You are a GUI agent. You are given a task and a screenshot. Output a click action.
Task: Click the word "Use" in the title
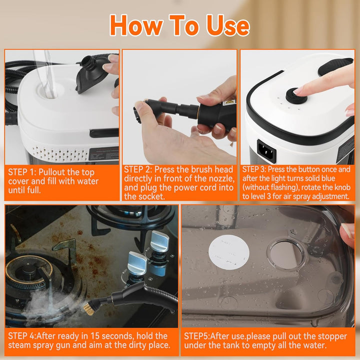(x=228, y=25)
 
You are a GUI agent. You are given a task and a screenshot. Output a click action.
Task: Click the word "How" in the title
(x=136, y=25)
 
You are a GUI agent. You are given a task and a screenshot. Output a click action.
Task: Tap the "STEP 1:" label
(x=22, y=172)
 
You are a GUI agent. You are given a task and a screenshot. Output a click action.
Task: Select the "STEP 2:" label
(x=138, y=169)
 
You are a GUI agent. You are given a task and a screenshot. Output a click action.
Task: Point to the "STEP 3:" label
(x=254, y=169)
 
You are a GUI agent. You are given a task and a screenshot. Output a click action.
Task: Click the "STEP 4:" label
(x=22, y=336)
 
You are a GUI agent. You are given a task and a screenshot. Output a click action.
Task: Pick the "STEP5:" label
(x=197, y=336)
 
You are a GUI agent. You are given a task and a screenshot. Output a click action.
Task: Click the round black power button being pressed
(x=296, y=95)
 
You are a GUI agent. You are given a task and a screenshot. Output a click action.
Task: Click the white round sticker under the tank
(x=228, y=252)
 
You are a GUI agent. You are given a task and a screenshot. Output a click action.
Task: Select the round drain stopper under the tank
(x=286, y=253)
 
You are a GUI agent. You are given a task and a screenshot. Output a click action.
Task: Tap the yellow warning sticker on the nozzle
(x=227, y=102)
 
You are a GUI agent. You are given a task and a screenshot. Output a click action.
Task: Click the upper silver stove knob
(x=159, y=241)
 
